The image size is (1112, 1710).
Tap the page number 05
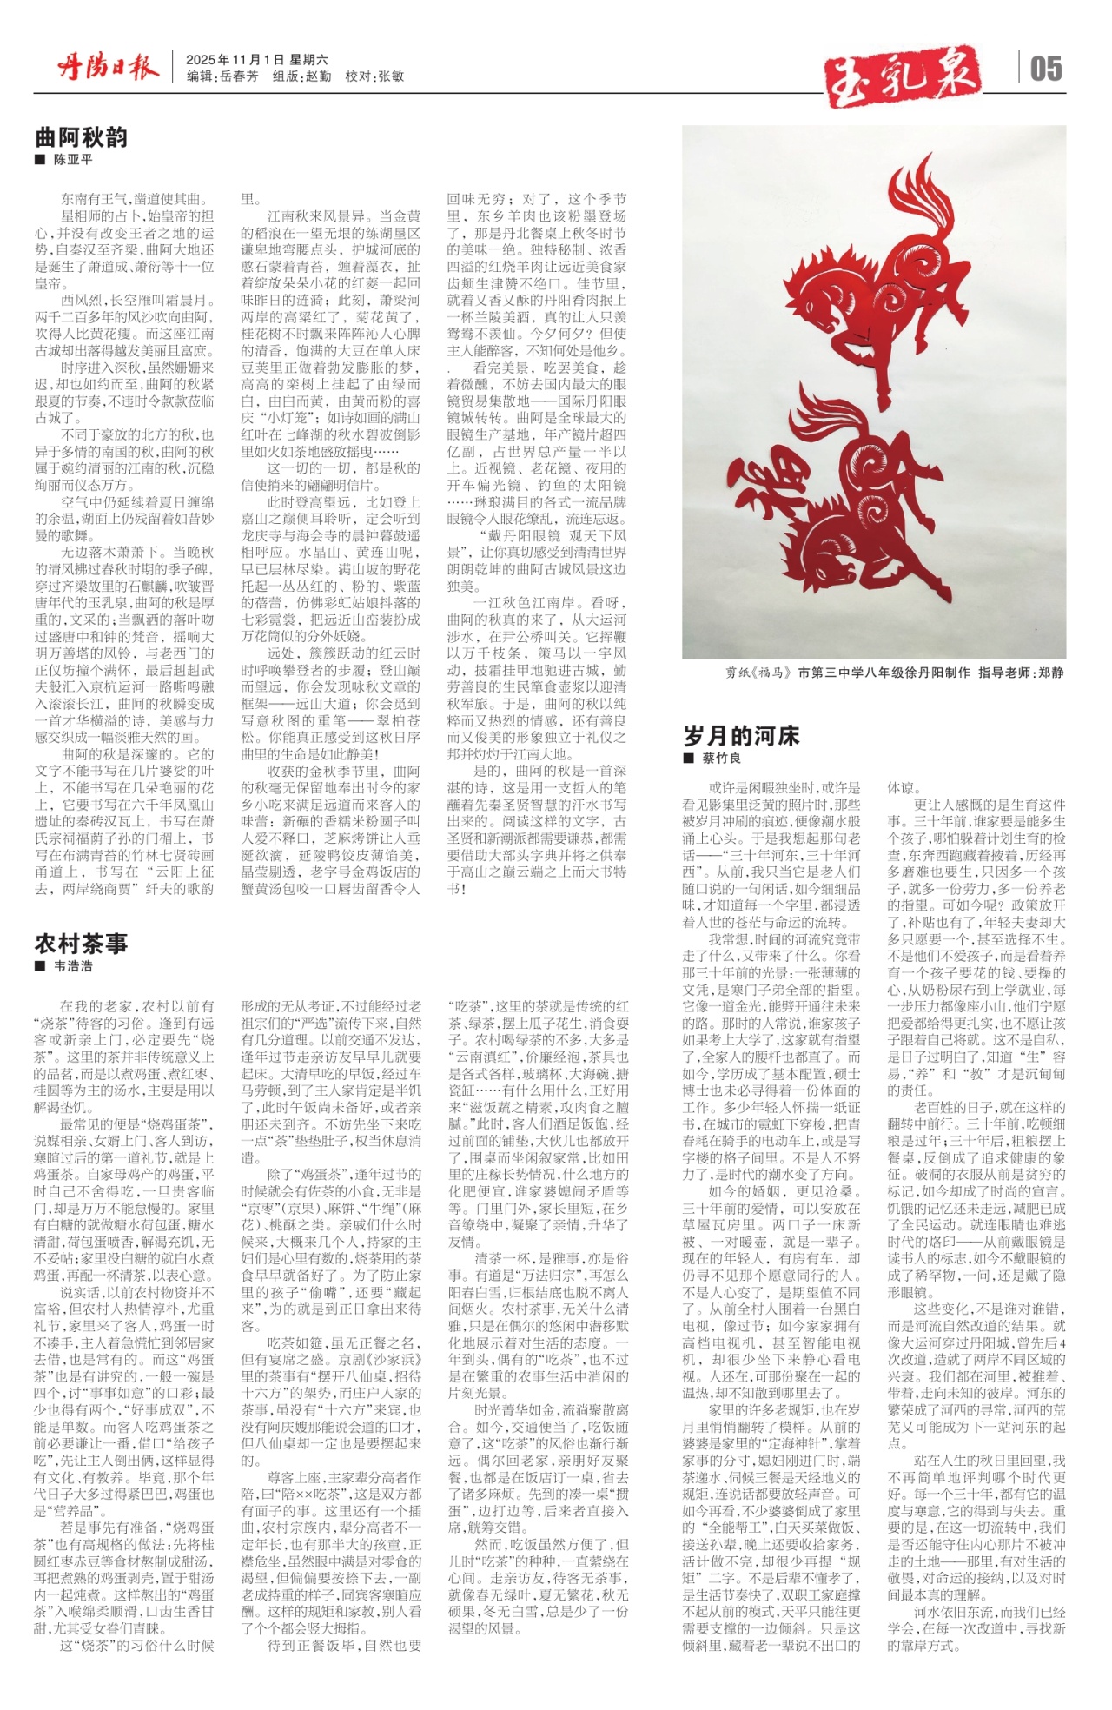point(1046,69)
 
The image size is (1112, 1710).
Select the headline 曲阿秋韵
point(81,137)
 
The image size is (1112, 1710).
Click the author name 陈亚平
point(73,161)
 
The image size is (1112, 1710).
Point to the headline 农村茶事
point(81,943)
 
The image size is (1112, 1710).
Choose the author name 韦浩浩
point(73,965)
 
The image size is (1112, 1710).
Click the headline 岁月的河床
point(741,736)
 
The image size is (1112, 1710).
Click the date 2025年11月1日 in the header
point(235,60)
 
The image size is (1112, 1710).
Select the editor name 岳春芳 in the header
point(240,76)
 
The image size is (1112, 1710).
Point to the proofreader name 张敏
point(392,76)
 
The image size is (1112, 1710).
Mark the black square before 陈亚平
point(40,161)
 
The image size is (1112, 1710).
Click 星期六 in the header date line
point(309,60)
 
